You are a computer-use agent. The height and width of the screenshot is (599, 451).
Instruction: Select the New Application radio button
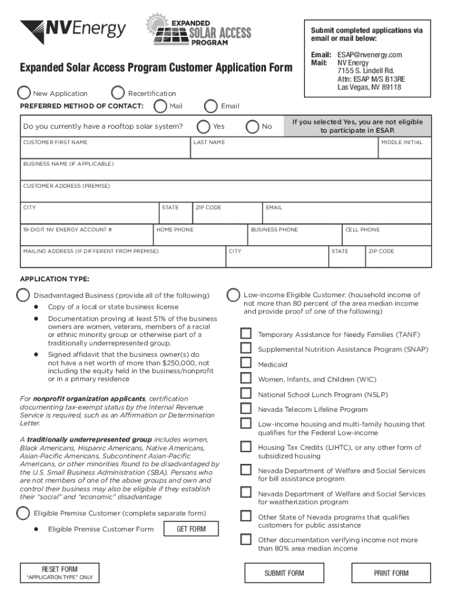tap(25, 93)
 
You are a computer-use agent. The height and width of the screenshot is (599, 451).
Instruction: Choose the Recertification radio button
tap(118, 93)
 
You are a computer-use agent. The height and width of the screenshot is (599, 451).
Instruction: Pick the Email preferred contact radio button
tap(211, 106)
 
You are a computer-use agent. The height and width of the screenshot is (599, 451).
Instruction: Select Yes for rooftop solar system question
tap(203, 126)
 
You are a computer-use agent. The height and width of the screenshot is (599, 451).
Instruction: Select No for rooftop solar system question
tap(252, 126)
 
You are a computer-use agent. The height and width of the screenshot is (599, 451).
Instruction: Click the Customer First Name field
tap(105, 151)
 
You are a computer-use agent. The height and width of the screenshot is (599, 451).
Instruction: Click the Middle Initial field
tap(405, 151)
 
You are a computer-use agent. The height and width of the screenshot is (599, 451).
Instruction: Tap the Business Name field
tap(225, 173)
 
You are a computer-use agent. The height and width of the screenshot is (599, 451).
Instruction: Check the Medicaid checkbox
tap(246, 364)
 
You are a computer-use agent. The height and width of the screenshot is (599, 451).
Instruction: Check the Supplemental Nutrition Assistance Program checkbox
tap(246, 349)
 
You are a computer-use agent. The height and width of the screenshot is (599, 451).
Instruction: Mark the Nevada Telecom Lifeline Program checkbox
tap(246, 409)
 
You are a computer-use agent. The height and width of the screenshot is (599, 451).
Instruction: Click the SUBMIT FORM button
tap(284, 573)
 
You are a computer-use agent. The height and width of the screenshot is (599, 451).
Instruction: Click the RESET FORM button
tap(60, 573)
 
